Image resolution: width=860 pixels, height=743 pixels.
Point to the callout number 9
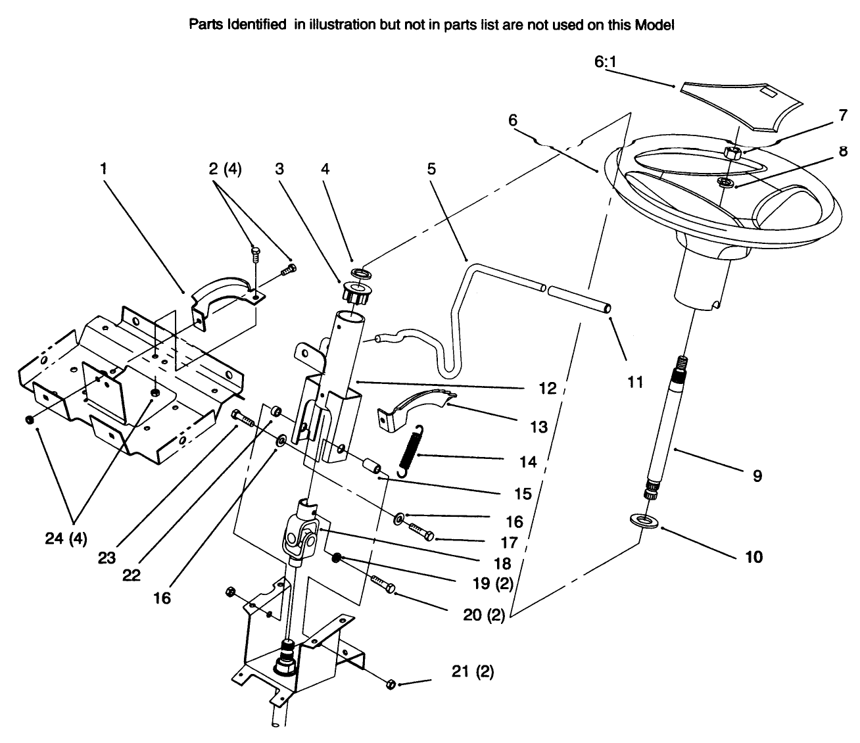(x=757, y=475)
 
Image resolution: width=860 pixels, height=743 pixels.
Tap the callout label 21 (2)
(x=472, y=672)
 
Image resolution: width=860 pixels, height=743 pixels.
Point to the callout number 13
(x=538, y=427)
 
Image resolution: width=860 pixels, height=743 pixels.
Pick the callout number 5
(x=431, y=169)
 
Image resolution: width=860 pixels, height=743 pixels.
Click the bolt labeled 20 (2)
(x=383, y=584)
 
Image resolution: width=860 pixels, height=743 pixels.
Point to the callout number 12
(x=547, y=388)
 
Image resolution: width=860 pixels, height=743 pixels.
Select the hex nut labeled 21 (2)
(x=389, y=684)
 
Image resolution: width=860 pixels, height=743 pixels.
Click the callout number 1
(x=103, y=169)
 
